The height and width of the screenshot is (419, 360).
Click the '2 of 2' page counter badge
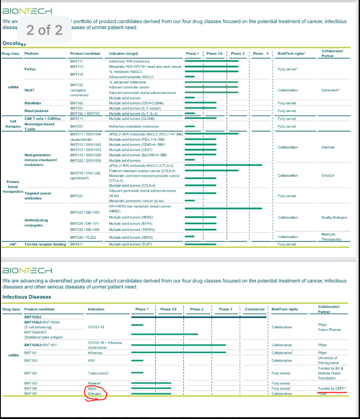tap(45, 30)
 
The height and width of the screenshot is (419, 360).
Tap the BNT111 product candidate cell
tap(76, 61)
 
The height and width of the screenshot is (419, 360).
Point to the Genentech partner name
tap(330, 90)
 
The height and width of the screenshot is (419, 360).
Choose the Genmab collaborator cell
tap(330, 147)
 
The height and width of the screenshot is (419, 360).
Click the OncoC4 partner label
tap(330, 175)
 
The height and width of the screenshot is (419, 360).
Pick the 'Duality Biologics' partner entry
tap(334, 217)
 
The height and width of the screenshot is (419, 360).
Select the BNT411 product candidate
tap(76, 245)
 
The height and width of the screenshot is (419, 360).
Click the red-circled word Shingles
tap(95, 393)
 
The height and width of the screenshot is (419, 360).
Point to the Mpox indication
tap(93, 388)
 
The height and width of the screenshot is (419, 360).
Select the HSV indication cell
tap(91, 360)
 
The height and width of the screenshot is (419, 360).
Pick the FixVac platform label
tap(30, 69)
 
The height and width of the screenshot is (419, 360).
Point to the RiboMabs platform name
tap(33, 103)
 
